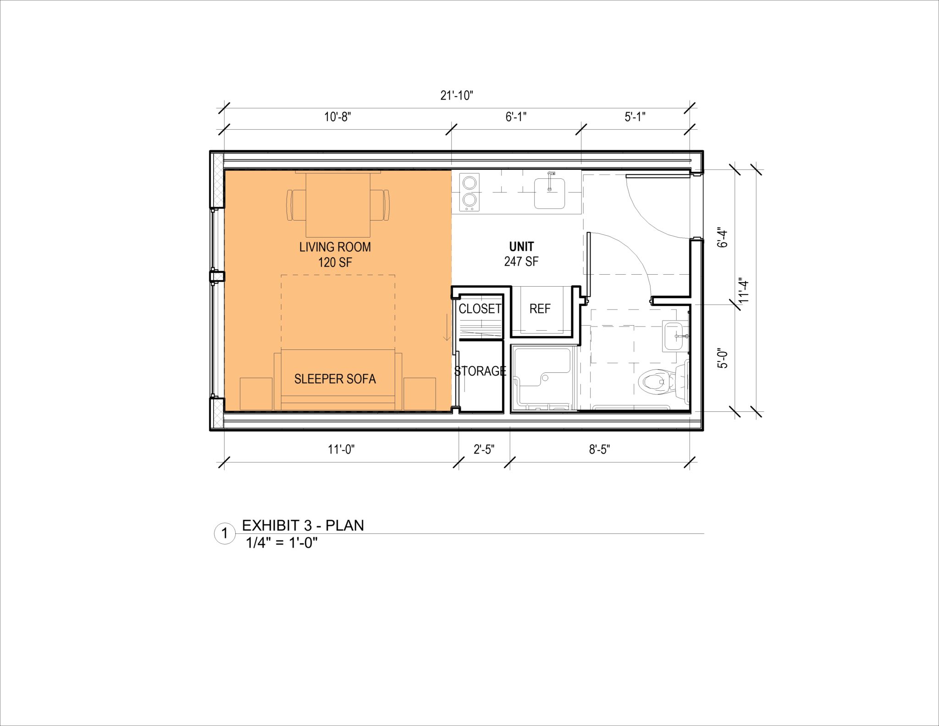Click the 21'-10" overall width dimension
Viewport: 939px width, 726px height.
click(x=456, y=95)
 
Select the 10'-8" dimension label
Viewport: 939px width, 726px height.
click(x=337, y=117)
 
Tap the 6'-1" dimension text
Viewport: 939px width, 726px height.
click(x=516, y=117)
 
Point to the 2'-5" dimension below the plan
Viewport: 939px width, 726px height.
click(x=484, y=449)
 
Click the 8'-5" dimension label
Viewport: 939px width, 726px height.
click(x=599, y=449)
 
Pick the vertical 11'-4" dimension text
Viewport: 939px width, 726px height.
click(x=744, y=290)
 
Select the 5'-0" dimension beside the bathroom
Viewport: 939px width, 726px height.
click(x=723, y=358)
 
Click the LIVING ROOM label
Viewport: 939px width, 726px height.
click(x=335, y=247)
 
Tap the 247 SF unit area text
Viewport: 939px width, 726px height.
click(x=521, y=262)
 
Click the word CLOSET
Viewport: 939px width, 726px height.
click(x=480, y=309)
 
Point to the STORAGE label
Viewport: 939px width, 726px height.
click(x=480, y=371)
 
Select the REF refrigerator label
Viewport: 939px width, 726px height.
click(x=540, y=309)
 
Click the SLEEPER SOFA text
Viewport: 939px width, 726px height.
click(x=335, y=379)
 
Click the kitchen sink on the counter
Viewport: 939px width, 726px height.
click(x=549, y=193)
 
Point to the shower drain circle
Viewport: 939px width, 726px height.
click(x=545, y=377)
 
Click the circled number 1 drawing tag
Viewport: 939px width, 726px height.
click(x=225, y=533)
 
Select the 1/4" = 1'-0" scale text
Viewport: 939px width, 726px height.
click(x=282, y=543)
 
